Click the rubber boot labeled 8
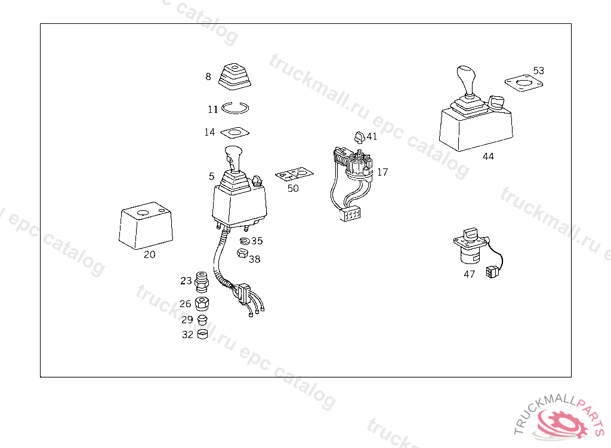point(234,77)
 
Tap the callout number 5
point(211,176)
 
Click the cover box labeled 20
point(146,226)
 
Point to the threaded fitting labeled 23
point(202,282)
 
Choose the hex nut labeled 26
point(202,303)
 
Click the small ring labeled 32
point(203,334)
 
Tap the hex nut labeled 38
point(242,253)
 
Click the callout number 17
point(382,172)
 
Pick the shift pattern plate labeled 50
point(294,174)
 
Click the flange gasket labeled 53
point(524,83)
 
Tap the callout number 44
point(488,157)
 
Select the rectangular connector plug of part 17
point(350,214)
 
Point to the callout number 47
point(470,274)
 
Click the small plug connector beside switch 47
point(492,272)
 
